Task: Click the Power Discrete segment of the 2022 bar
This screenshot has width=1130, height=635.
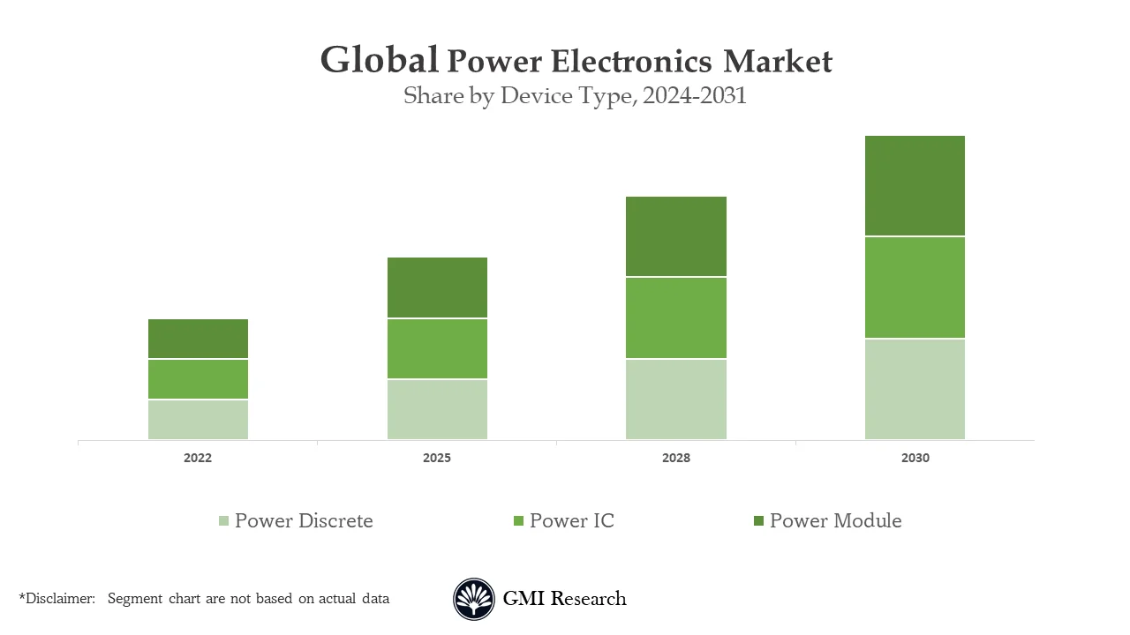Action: [x=198, y=420]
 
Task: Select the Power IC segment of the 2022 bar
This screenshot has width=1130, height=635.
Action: [x=198, y=379]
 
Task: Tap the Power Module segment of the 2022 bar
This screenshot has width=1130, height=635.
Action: [x=198, y=339]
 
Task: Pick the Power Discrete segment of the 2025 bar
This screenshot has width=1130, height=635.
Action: [x=437, y=409]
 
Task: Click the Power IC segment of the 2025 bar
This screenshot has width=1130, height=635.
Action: [x=437, y=348]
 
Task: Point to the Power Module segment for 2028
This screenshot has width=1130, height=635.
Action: [x=676, y=236]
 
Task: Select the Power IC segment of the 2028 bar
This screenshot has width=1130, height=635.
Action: [x=676, y=317]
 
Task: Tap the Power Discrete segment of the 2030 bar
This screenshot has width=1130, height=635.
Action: [x=915, y=389]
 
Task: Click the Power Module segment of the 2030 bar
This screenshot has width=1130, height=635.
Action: [x=915, y=186]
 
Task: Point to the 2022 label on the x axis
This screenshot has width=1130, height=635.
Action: [x=198, y=459]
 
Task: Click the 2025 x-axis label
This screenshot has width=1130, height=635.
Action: [x=437, y=459]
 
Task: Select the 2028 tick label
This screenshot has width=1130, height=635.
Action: [x=676, y=459]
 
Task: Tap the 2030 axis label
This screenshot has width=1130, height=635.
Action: [x=915, y=459]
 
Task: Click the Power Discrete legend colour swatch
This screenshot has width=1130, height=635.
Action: [x=224, y=521]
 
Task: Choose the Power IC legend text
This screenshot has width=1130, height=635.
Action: [x=571, y=521]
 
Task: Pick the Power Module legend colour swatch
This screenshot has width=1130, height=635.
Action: [x=758, y=521]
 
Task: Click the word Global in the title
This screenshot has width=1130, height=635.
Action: [x=379, y=60]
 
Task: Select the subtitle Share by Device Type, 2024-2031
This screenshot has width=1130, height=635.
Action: [x=575, y=95]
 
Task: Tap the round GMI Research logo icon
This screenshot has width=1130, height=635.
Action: [x=474, y=600]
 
